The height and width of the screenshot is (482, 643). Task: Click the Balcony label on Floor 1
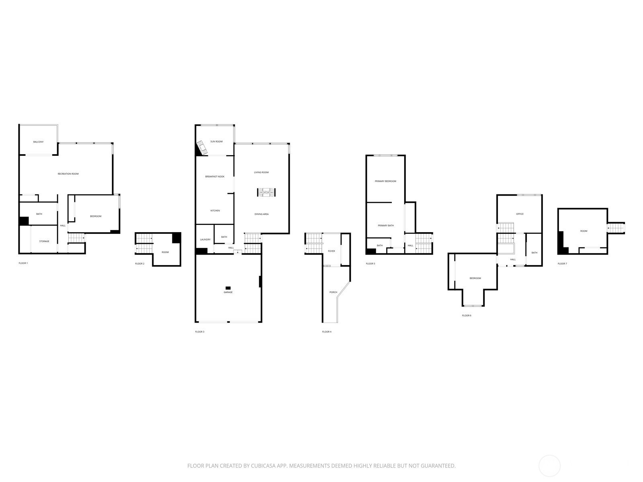[x=38, y=142]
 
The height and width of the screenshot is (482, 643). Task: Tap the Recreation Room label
[x=68, y=174]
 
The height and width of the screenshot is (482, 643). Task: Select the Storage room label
[x=44, y=241]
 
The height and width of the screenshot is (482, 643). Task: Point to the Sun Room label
[x=217, y=142]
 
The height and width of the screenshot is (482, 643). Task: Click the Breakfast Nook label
[x=215, y=177]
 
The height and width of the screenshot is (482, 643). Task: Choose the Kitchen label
[x=215, y=211]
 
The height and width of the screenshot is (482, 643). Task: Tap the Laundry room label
[x=205, y=240]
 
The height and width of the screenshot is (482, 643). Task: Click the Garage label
[x=228, y=292]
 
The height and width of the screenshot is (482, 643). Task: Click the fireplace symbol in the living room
[x=266, y=192]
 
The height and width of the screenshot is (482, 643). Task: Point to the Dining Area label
[x=262, y=214]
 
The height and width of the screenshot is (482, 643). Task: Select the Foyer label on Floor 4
[x=331, y=251]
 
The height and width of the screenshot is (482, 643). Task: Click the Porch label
[x=334, y=292]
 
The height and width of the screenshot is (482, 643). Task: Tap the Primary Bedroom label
[x=385, y=182]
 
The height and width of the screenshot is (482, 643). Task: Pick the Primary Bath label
[x=386, y=226]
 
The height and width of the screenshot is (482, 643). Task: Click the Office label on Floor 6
[x=520, y=214]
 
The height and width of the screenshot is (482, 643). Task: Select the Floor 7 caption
[x=563, y=263]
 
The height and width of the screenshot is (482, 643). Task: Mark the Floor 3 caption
[x=200, y=332]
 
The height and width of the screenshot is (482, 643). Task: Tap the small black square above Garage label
[x=228, y=288]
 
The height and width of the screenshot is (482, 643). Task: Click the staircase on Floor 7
[x=616, y=228]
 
